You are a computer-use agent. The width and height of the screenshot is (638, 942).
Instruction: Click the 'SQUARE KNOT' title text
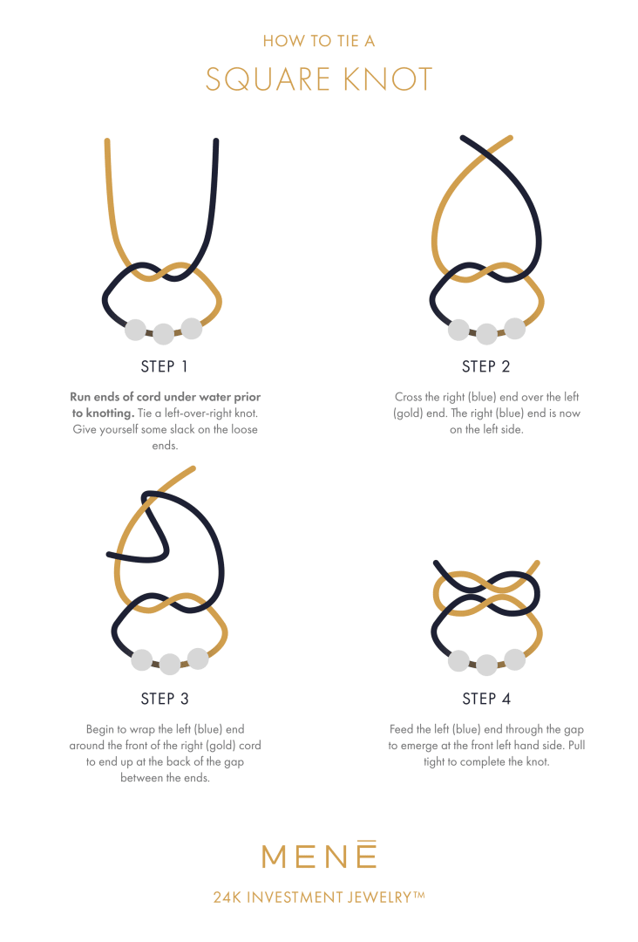click(319, 79)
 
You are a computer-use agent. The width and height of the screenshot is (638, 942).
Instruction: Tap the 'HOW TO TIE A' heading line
click(319, 40)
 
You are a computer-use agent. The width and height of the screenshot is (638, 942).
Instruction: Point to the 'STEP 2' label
click(485, 366)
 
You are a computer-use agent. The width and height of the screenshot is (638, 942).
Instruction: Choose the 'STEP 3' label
click(164, 699)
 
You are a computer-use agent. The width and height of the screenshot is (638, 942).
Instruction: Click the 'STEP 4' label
click(485, 699)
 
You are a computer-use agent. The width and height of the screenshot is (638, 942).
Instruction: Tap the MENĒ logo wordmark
click(319, 854)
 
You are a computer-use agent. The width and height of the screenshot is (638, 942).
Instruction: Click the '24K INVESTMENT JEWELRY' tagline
click(319, 897)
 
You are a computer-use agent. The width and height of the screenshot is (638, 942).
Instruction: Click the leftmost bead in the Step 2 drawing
click(458, 330)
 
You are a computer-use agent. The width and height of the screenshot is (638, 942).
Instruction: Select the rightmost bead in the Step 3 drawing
click(198, 658)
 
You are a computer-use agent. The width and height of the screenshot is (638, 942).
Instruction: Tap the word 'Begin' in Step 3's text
click(101, 728)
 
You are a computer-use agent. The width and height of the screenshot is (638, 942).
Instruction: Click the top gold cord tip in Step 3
click(192, 470)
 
